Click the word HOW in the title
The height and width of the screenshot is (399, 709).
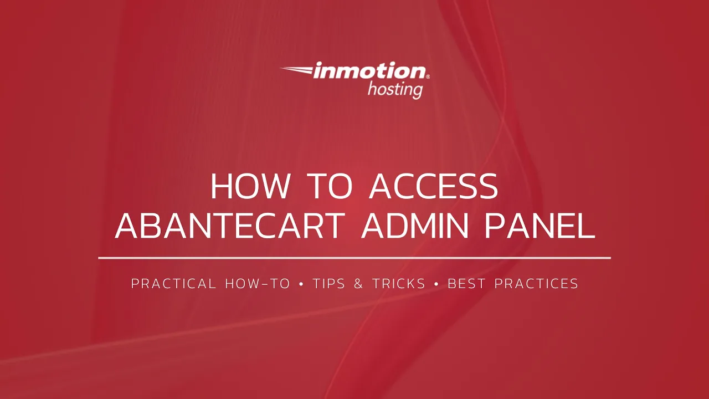pyautogui.click(x=250, y=187)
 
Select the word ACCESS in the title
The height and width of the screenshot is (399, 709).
pyautogui.click(x=434, y=187)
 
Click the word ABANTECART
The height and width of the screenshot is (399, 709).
pyautogui.click(x=232, y=226)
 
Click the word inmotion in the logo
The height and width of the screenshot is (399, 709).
pyautogui.click(x=369, y=71)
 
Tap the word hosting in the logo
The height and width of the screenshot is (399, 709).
pyautogui.click(x=395, y=89)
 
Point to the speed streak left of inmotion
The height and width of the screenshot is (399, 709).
pyautogui.click(x=296, y=70)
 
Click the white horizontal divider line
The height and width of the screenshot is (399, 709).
pyautogui.click(x=354, y=258)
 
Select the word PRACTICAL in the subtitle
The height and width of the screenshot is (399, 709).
pyautogui.click(x=173, y=284)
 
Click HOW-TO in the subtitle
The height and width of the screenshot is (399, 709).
pyautogui.click(x=258, y=284)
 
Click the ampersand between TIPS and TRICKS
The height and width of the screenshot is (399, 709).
pyautogui.click(x=358, y=284)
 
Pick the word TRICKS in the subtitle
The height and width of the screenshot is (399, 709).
pyautogui.click(x=399, y=284)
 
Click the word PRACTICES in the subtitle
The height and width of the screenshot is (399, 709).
pyautogui.click(x=536, y=284)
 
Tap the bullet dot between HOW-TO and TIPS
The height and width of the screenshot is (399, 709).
pyautogui.click(x=301, y=284)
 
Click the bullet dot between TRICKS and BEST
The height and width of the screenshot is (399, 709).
pyautogui.click(x=436, y=284)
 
